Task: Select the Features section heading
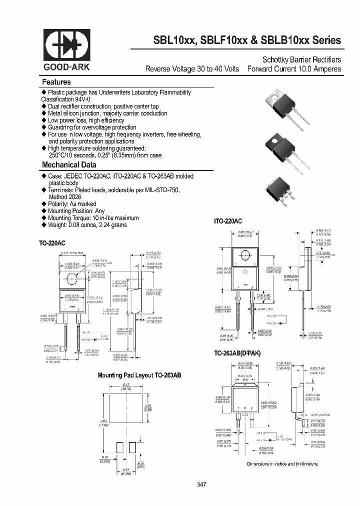point(56,82)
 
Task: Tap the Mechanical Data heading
point(69,164)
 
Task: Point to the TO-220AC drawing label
point(52,243)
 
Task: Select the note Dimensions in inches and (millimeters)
point(282,463)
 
